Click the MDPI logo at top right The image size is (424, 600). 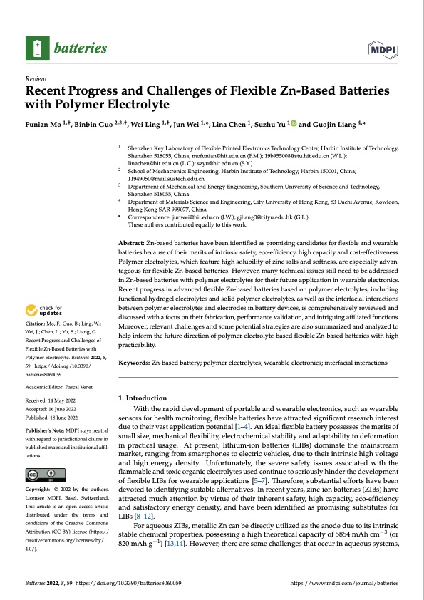(x=384, y=48)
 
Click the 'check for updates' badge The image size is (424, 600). (x=47, y=310)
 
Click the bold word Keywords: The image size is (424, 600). (x=135, y=363)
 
